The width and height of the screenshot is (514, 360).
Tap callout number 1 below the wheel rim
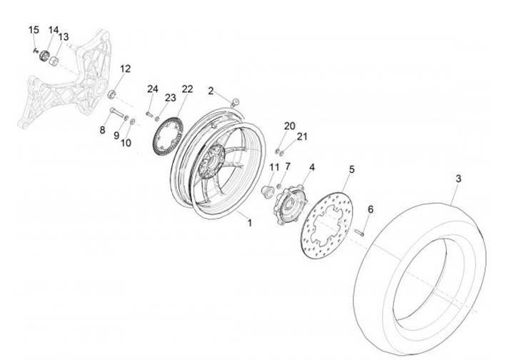click(x=250, y=223)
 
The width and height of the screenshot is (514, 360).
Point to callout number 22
click(x=187, y=89)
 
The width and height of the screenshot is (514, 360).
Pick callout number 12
click(x=126, y=69)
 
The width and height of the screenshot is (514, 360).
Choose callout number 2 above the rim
click(x=211, y=91)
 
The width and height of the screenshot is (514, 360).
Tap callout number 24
click(x=152, y=89)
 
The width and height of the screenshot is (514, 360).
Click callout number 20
click(x=288, y=126)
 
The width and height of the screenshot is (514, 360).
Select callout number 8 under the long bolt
click(x=102, y=130)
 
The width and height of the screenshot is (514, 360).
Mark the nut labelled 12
click(x=111, y=93)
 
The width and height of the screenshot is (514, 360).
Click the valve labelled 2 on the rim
click(x=236, y=102)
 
